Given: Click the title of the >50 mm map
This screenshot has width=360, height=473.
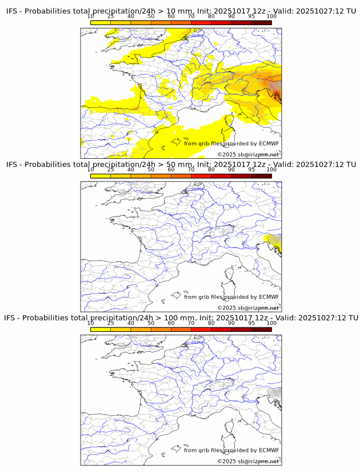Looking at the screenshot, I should (181, 165).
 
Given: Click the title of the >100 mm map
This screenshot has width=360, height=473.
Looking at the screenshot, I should (181, 318).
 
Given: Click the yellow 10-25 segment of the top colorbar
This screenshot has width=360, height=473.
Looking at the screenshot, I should (101, 22).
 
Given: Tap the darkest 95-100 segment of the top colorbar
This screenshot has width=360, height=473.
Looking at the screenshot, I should (261, 22).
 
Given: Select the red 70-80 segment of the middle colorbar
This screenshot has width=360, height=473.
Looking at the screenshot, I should (201, 175).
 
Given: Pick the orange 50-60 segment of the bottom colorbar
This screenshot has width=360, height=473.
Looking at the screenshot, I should (161, 328).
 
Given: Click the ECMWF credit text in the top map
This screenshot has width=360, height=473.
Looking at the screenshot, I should (231, 143).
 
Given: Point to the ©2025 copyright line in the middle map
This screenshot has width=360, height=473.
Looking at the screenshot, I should (248, 308).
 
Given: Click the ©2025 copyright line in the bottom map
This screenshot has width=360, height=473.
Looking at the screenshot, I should (248, 461).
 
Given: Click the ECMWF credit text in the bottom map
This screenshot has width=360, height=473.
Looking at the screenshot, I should (231, 450).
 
